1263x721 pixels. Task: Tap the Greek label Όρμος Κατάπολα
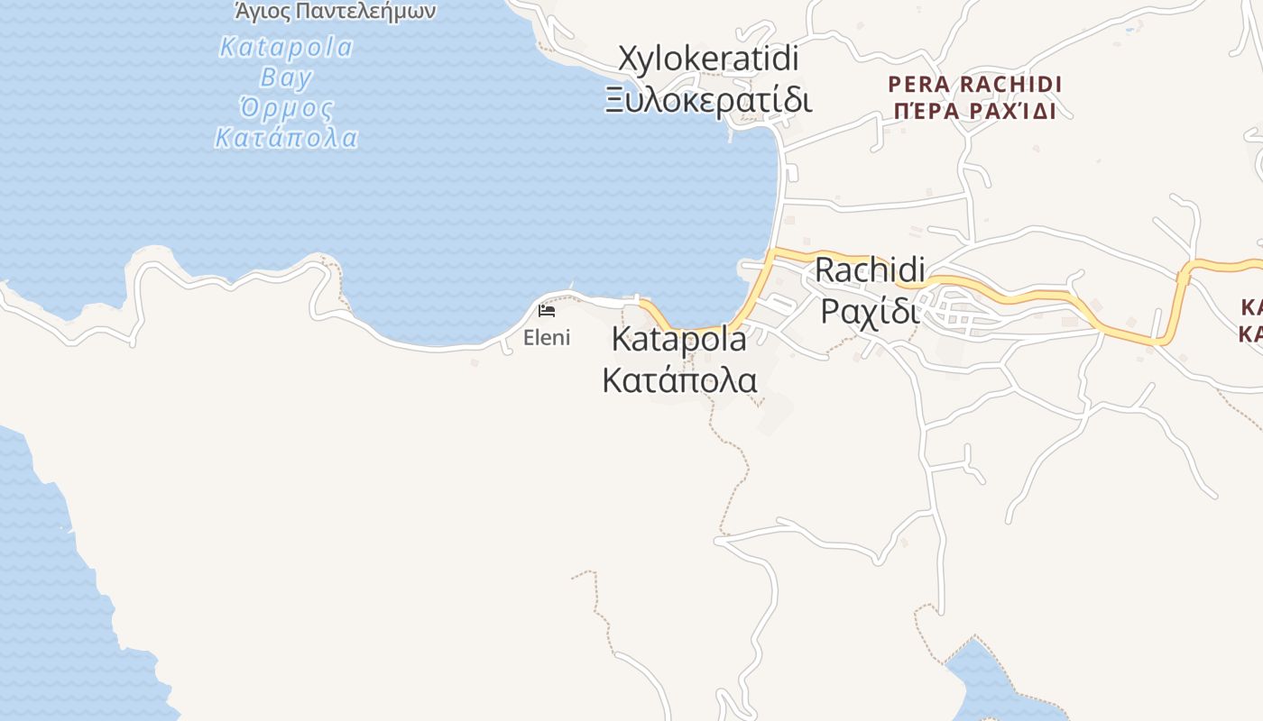(286, 123)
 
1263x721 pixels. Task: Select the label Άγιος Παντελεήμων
(335, 12)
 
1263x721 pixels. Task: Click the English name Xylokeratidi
(708, 59)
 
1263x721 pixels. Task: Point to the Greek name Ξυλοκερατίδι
(708, 99)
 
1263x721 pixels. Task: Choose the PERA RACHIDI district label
(975, 85)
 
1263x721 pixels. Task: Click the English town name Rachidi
(870, 269)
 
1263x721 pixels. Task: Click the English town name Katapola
(679, 340)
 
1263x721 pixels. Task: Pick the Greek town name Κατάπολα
(679, 379)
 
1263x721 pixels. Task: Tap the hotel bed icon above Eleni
(546, 311)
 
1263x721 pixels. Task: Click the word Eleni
(547, 338)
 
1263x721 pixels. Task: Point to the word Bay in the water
(286, 78)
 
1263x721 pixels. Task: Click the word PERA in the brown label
(919, 85)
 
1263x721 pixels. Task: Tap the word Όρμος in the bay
(286, 109)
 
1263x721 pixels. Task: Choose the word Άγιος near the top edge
(263, 12)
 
